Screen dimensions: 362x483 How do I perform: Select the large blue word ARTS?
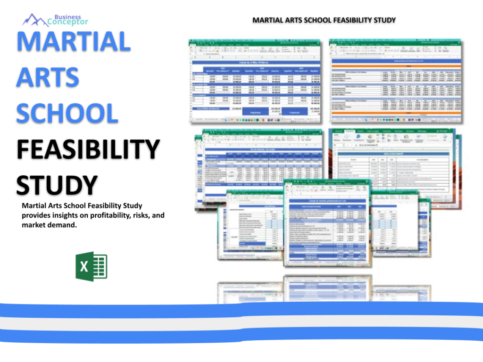pyautogui.click(x=48, y=77)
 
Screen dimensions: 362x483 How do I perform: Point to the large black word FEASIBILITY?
pyautogui.click(x=88, y=149)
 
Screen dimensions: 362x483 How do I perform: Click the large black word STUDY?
pyautogui.click(x=57, y=184)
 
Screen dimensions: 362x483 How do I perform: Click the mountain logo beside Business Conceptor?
pyautogui.click(x=36, y=20)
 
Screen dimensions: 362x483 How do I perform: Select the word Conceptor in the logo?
pyautogui.click(x=68, y=22)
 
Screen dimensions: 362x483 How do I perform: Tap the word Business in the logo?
pyautogui.click(x=67, y=17)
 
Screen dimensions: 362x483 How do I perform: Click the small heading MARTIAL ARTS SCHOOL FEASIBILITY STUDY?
pyautogui.click(x=324, y=20)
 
